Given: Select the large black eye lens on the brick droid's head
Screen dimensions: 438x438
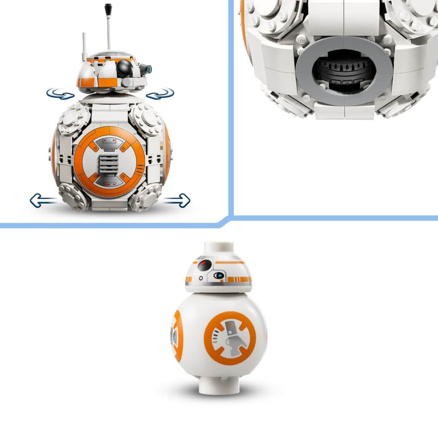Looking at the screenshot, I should coord(124,67).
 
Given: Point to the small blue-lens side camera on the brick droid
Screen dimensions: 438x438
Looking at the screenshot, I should coord(146,68).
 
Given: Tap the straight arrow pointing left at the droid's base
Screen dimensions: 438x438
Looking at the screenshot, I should coord(43,200).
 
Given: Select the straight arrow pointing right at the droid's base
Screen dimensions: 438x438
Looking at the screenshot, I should coord(177,200).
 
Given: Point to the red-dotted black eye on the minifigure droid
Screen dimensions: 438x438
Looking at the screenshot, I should coord(204,266).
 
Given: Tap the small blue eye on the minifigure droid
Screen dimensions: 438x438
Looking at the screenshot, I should coord(219,276).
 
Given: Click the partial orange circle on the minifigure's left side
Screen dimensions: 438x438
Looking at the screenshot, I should coord(177,336).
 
